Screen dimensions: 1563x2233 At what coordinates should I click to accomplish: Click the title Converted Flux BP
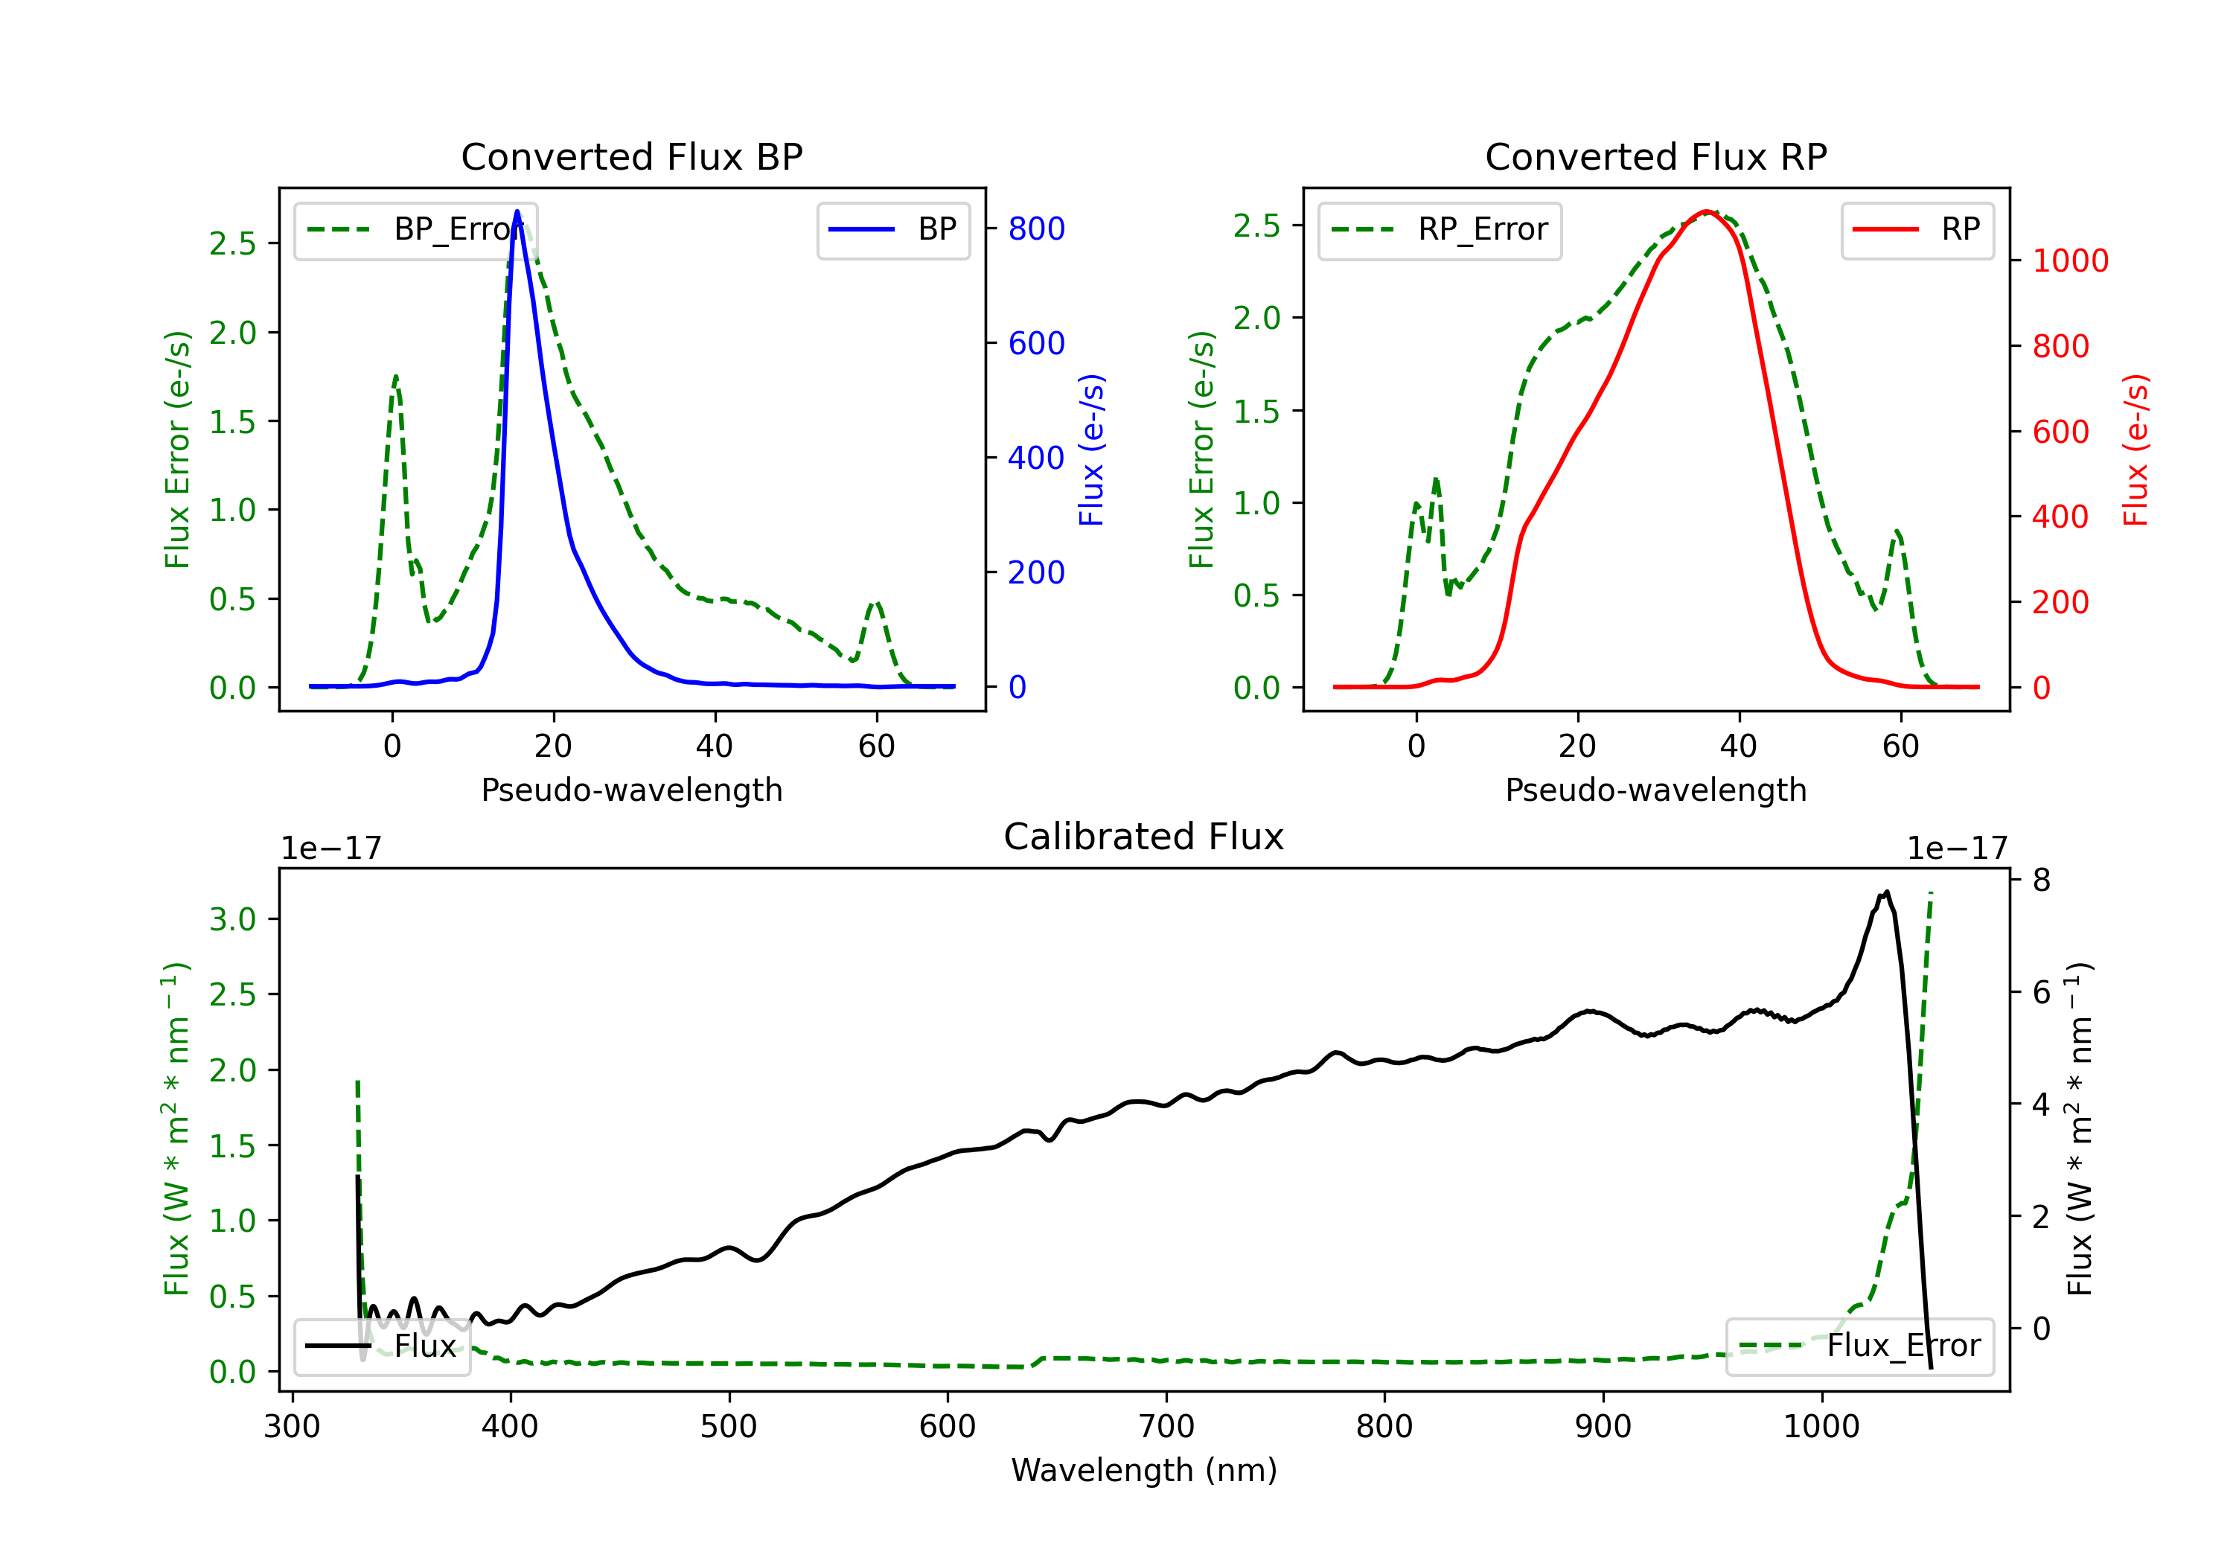(631, 156)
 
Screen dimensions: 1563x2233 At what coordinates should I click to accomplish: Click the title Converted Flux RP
(1655, 156)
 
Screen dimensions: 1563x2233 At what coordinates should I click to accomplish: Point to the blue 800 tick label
(1036, 228)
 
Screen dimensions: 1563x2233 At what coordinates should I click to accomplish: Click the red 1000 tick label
(2069, 260)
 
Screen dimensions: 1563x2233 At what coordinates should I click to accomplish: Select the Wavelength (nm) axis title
(1144, 1470)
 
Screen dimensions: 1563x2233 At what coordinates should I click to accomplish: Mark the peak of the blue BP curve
(517, 211)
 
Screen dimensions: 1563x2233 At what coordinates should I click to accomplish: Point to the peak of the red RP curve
(1706, 211)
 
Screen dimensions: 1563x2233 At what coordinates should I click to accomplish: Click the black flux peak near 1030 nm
(1886, 892)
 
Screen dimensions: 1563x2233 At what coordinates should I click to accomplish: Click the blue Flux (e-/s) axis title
(1091, 450)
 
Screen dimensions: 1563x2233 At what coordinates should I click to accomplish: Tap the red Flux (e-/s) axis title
(2135, 450)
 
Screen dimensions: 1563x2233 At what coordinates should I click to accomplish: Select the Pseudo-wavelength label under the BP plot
(631, 790)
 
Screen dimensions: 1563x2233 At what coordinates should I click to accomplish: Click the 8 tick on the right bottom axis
(2042, 880)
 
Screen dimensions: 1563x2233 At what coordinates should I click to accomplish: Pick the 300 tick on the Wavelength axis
(292, 1427)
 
